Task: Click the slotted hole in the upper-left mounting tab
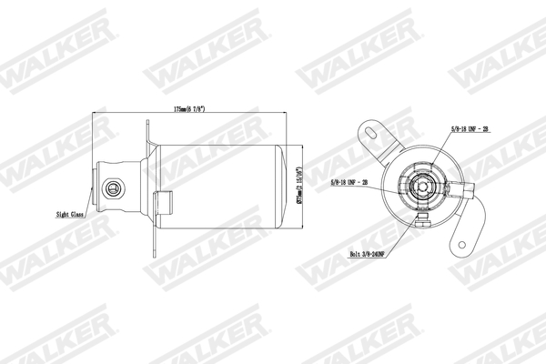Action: (x=370, y=132)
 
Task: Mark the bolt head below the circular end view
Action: (x=421, y=217)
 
